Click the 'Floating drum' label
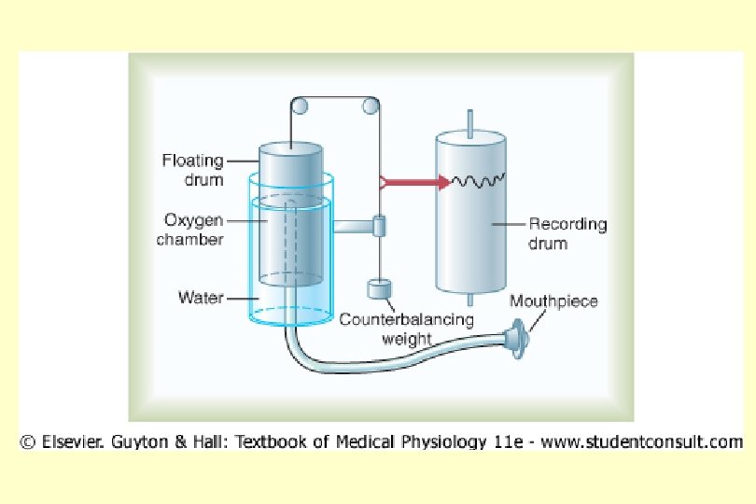[192, 169]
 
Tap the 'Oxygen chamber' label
[193, 230]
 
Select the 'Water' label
[199, 299]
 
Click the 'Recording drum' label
[567, 233]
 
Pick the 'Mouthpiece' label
[553, 301]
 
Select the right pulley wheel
[371, 107]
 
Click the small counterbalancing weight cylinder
[379, 289]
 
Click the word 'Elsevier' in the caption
[70, 441]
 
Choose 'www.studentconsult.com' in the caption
[643, 441]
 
